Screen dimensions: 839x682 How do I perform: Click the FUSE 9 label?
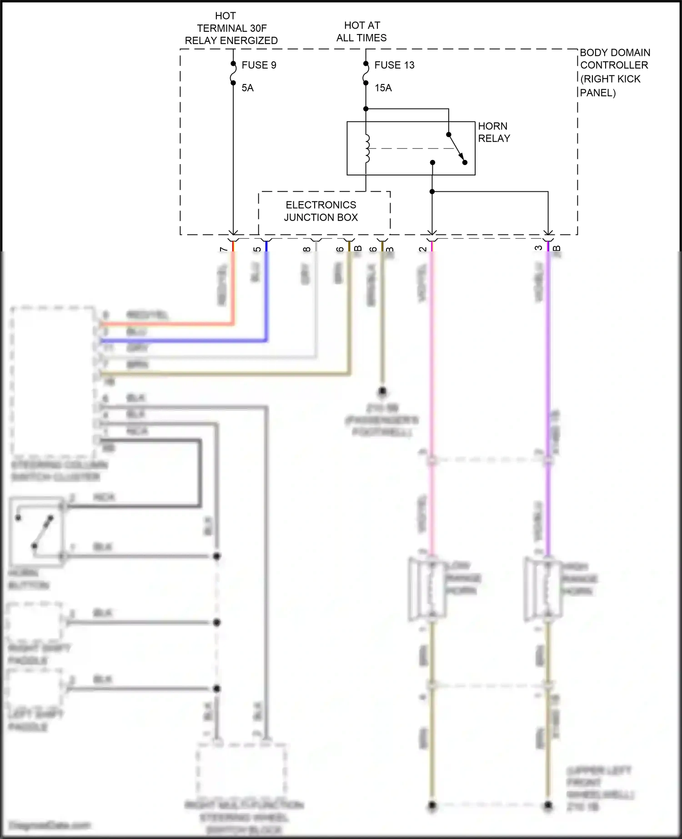259,65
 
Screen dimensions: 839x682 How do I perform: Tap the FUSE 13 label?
394,65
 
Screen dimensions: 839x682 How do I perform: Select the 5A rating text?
247,88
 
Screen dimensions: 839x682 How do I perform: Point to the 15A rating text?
383,88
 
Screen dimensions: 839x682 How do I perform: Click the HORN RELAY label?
494,132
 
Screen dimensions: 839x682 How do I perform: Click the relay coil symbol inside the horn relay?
367,148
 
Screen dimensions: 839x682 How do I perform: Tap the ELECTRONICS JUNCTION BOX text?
321,211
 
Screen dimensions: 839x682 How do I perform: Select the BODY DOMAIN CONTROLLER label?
614,72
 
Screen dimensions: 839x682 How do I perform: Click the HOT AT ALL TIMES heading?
361,31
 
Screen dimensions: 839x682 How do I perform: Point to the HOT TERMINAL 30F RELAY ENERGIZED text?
231,28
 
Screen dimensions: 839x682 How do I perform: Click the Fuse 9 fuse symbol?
233,74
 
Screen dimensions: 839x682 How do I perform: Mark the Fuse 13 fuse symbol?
366,74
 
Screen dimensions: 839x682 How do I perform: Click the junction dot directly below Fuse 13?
366,109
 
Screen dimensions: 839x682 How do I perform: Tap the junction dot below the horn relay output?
432,192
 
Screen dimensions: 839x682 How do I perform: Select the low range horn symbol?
427,589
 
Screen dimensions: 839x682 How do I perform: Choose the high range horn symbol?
543,589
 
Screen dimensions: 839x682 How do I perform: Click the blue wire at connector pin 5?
266,295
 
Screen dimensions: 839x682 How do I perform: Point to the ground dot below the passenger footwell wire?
382,391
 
